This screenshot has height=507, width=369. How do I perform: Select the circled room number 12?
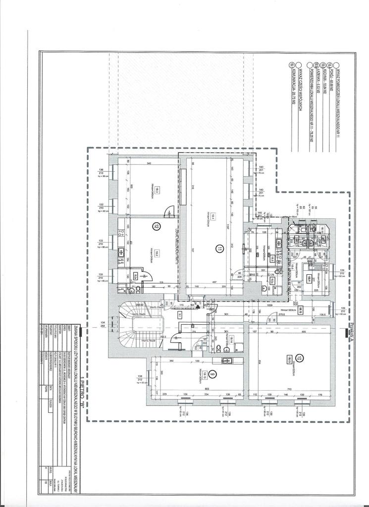point(157,226)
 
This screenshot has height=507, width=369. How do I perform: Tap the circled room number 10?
point(299,357)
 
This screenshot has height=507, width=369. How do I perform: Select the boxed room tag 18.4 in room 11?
point(211,216)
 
